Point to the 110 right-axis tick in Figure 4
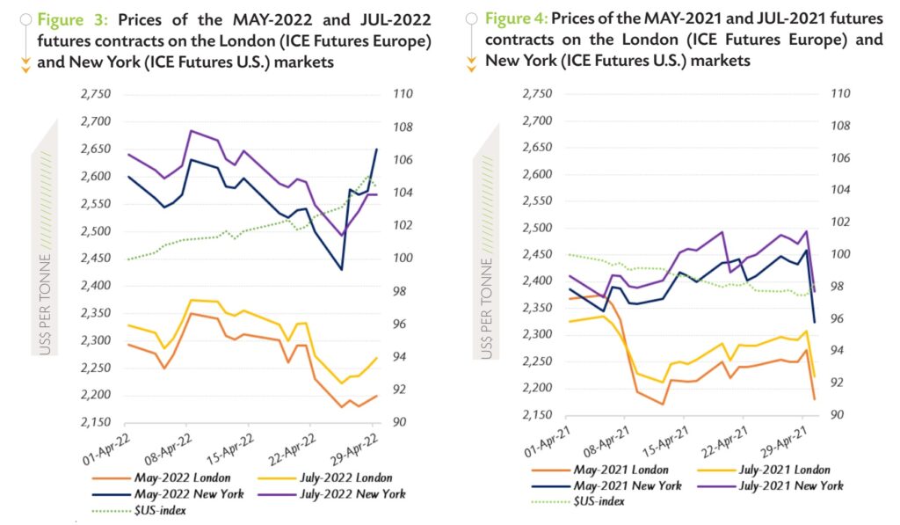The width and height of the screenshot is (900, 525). pos(842,94)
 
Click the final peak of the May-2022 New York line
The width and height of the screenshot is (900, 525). pos(377,149)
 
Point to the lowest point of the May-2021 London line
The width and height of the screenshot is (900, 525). pos(662,405)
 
